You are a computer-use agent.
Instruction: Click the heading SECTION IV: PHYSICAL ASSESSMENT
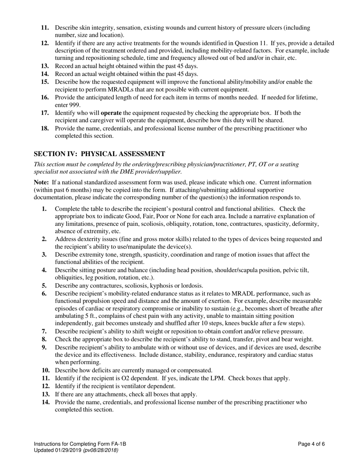(x=99, y=154)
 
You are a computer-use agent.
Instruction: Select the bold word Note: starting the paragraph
(x=41, y=183)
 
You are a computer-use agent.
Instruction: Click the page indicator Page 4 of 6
(x=311, y=444)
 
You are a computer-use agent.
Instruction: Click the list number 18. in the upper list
(x=45, y=128)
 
